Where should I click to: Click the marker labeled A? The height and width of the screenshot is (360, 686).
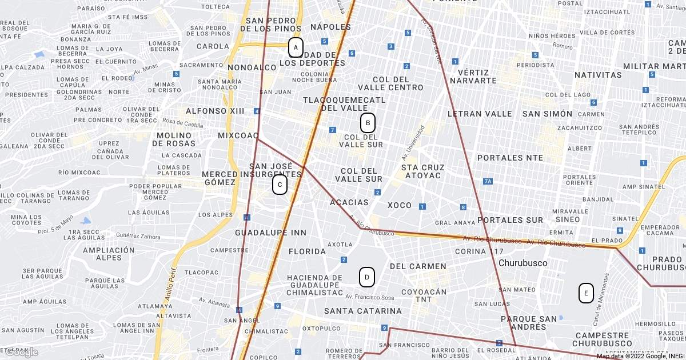pyautogui.click(x=296, y=47)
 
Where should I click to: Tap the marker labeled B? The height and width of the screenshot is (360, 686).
pyautogui.click(x=368, y=122)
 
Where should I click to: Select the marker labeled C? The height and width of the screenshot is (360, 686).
pyautogui.click(x=280, y=185)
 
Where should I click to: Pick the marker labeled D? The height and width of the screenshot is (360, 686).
pyautogui.click(x=366, y=278)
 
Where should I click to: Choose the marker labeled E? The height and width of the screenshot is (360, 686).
pyautogui.click(x=585, y=293)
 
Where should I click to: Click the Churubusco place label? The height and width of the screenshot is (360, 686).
pyautogui.click(x=523, y=263)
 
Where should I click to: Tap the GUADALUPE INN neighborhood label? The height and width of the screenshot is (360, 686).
pyautogui.click(x=270, y=233)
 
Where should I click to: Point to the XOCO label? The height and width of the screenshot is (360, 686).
pyautogui.click(x=399, y=205)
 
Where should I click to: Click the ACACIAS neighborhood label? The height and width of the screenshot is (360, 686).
pyautogui.click(x=349, y=202)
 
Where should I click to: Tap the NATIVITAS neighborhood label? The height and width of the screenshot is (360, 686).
pyautogui.click(x=597, y=75)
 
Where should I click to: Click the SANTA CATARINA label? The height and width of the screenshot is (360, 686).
pyautogui.click(x=363, y=311)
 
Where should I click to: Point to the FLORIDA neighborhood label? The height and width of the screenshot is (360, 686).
pyautogui.click(x=307, y=251)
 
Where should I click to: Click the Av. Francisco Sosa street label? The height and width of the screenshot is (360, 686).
pyautogui.click(x=370, y=297)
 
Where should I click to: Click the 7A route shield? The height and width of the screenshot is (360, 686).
pyautogui.click(x=487, y=182)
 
